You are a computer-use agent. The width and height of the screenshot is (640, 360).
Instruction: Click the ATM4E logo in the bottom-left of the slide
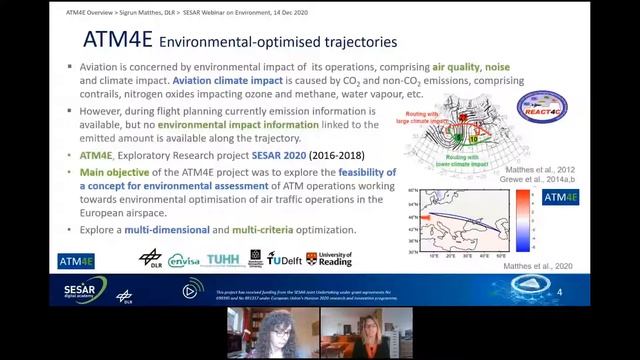click(x=76, y=261)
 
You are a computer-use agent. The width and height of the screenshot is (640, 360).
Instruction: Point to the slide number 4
click(x=559, y=292)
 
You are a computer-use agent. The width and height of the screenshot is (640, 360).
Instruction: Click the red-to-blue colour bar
click(x=521, y=217)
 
